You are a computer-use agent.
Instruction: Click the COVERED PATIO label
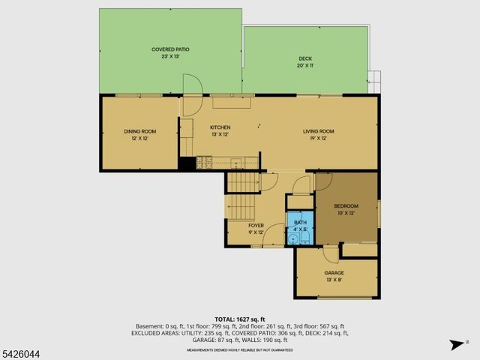tap(170, 49)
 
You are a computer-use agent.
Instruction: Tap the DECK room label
tap(305, 58)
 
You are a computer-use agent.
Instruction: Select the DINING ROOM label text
tap(139, 131)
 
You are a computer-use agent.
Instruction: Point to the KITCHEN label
tap(220, 127)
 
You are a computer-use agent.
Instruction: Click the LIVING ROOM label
tap(319, 131)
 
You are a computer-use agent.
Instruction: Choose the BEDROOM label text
tap(346, 205)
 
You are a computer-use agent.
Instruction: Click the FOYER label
tap(256, 225)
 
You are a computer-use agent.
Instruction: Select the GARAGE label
tap(334, 272)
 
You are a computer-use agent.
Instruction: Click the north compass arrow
tap(454, 344)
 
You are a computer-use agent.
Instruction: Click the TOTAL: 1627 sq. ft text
tap(240, 319)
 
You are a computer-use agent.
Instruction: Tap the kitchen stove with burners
tap(205, 161)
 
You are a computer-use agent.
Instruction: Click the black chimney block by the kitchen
tap(186, 163)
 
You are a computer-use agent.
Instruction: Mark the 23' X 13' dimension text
tap(170, 57)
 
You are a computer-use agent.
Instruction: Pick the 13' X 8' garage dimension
tap(334, 280)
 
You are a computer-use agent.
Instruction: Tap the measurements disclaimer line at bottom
tap(240, 349)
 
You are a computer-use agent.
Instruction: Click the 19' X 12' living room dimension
tap(319, 138)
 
